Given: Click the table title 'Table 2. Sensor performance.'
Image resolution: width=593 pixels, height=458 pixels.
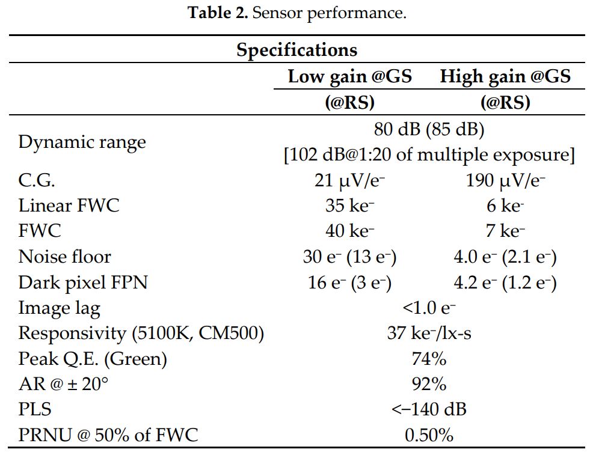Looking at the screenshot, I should pos(297,13).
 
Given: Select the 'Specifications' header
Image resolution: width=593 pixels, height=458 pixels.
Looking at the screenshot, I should pos(296,49).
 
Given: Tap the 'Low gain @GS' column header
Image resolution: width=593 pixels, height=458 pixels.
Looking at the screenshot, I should pos(349,77).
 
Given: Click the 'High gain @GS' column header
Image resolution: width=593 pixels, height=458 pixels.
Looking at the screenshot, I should pos(505,77).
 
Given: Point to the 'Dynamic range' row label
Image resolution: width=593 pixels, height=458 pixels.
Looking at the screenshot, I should pos(82,142).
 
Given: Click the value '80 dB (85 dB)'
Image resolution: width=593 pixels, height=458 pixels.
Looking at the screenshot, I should pos(429,129).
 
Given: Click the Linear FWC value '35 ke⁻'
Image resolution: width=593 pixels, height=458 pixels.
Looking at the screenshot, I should pos(349,206).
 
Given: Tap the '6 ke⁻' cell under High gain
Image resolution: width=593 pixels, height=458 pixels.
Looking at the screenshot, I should pos(505,206).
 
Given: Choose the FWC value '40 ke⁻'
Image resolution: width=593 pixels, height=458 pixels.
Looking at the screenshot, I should pos(349,231).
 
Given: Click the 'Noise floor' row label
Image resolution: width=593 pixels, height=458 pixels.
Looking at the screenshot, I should pos(65,257).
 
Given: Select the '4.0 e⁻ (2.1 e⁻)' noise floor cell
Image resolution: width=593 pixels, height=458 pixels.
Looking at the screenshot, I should pos(505,257).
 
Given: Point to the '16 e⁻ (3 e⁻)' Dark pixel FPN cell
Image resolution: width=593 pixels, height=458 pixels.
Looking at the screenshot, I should pos(349,282).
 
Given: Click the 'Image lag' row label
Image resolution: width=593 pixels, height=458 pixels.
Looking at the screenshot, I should pos(60,308).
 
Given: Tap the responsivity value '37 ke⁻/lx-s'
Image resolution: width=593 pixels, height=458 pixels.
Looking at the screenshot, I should pos(429,333).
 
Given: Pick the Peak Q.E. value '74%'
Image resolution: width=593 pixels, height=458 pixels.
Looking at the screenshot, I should pos(429,359).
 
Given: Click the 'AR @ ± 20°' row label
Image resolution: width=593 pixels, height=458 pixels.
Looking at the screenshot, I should pos(64,384).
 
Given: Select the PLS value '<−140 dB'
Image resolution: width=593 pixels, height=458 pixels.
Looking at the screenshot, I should pos(429,409).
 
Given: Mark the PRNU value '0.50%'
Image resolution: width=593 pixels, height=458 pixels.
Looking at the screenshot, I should pos(429,435).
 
